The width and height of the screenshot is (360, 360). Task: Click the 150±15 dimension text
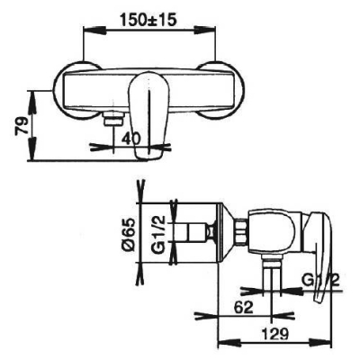click(x=148, y=21)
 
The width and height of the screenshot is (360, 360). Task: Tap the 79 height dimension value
click(x=22, y=126)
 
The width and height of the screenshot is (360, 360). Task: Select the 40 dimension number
click(x=131, y=139)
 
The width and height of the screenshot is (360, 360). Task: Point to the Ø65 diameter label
click(x=129, y=233)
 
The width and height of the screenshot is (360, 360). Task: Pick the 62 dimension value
click(x=244, y=308)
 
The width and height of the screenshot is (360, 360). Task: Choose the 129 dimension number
click(x=274, y=334)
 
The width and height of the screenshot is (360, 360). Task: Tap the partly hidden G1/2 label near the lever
click(x=320, y=281)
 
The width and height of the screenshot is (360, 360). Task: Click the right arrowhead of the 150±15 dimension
click(x=204, y=30)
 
